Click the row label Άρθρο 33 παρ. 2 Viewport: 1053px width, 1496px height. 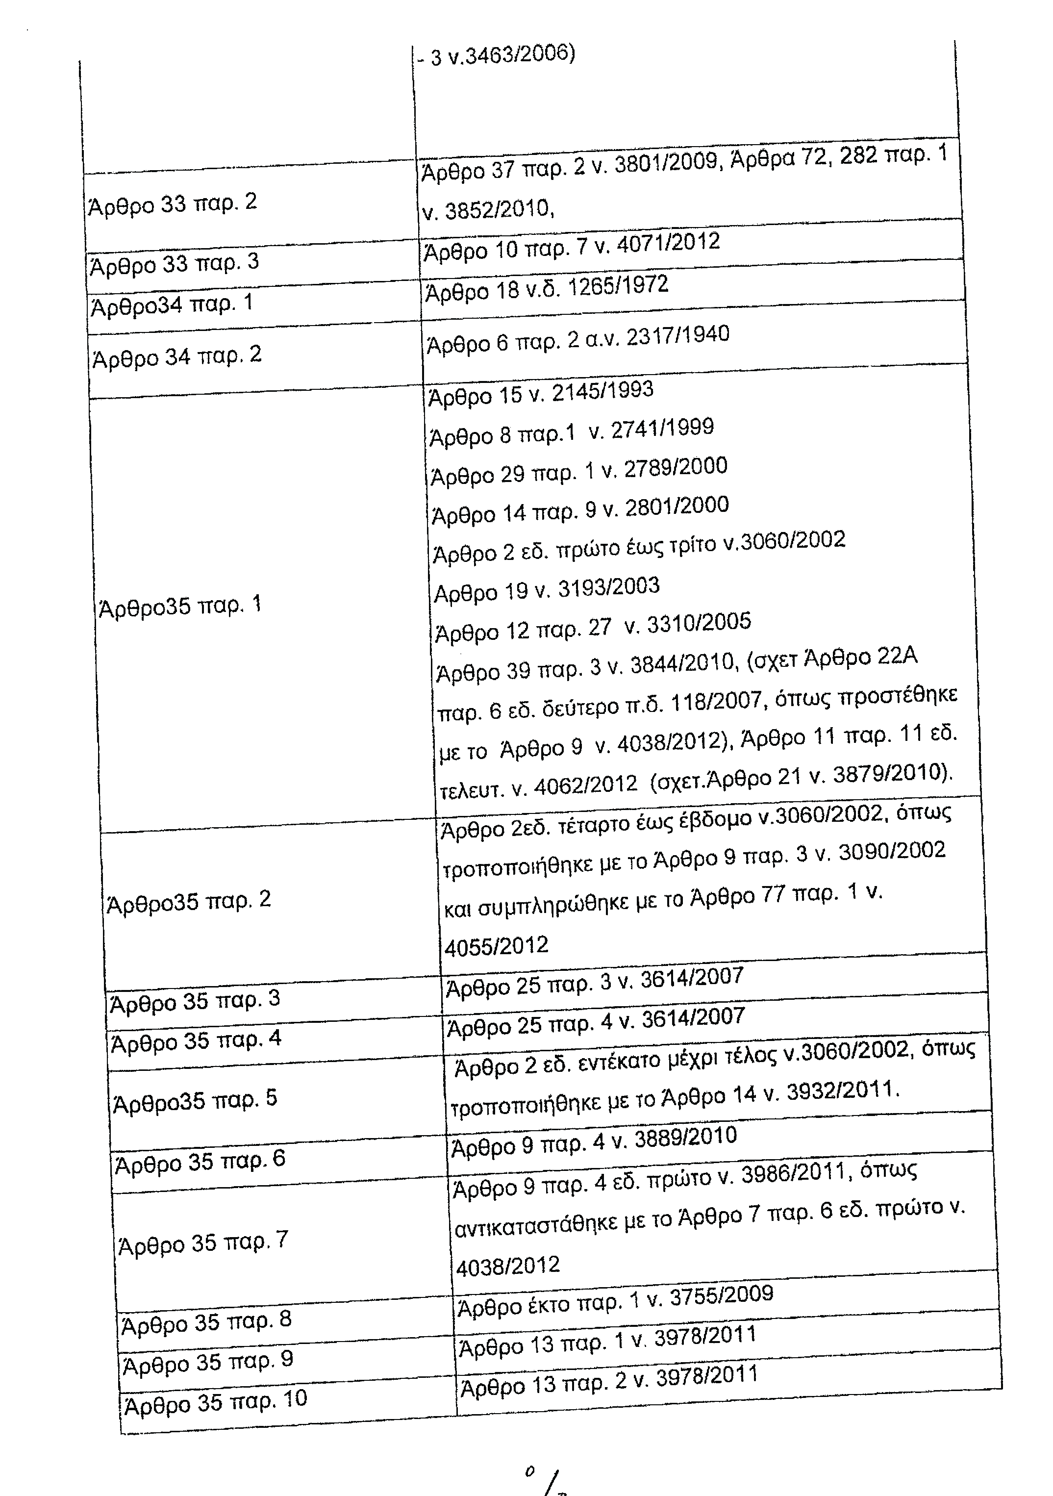point(173,203)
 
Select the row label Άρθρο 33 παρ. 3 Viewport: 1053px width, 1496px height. point(174,263)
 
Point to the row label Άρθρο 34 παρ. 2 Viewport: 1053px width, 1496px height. point(176,356)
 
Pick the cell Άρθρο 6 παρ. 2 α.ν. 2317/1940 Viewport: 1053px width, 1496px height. point(578,339)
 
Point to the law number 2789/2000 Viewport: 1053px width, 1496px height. point(675,468)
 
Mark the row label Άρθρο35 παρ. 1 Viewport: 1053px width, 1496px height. point(179,606)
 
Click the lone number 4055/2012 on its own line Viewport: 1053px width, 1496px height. point(497,945)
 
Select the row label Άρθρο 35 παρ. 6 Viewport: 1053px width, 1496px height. point(200,1162)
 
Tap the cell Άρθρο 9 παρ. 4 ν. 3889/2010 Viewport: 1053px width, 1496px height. point(594,1142)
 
